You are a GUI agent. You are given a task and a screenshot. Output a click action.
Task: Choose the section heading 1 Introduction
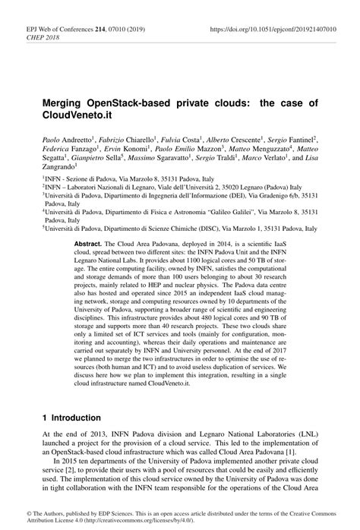[71, 418]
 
